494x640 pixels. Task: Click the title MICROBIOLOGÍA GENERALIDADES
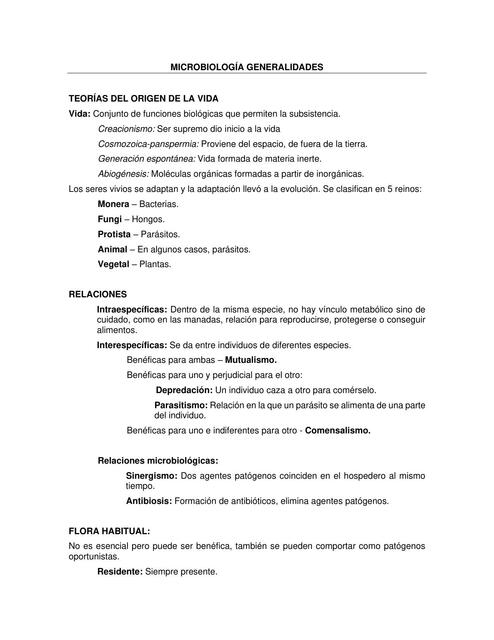(247, 66)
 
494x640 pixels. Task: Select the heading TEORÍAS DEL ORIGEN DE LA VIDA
(143, 99)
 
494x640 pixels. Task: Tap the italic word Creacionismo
(126, 129)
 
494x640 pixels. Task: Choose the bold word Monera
(114, 203)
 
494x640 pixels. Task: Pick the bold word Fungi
(108, 218)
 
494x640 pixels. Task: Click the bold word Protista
(115, 234)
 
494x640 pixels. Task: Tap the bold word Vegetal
(114, 264)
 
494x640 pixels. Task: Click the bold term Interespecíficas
(132, 344)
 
